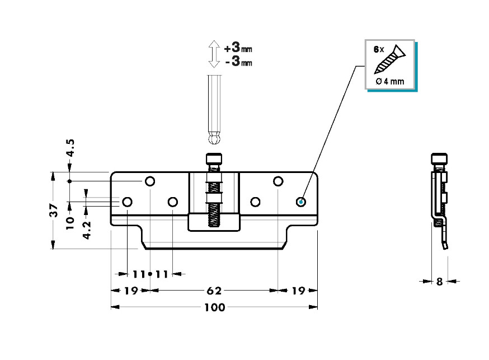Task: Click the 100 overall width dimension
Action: tap(214, 307)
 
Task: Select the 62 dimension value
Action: tap(214, 291)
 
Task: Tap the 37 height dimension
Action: tap(54, 211)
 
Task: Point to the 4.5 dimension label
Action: tap(71, 148)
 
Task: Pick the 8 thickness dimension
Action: tap(439, 282)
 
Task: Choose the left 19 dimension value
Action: tap(131, 291)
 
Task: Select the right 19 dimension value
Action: tap(298, 291)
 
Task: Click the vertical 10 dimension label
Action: tap(70, 223)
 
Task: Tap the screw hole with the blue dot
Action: tap(300, 202)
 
